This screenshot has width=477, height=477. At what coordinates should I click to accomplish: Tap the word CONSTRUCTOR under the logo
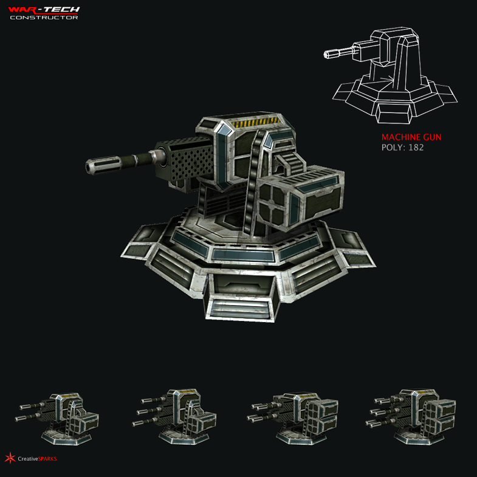coord(44,18)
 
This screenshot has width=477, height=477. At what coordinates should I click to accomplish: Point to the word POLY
coord(391,148)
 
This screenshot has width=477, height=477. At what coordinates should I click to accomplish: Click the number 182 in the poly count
coord(416,148)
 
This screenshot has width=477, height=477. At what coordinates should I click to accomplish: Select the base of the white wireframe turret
coord(395,97)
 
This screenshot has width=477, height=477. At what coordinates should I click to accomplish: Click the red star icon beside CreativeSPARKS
coord(9,458)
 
